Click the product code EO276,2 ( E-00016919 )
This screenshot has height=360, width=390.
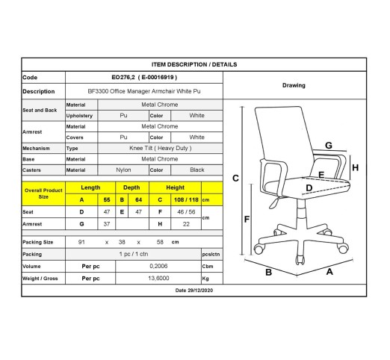point(144,78)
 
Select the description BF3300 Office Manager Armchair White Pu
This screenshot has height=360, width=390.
point(144,91)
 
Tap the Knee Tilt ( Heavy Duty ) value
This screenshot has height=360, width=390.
point(161,148)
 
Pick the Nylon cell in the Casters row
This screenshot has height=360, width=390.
point(123,170)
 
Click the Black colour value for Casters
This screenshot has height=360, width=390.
point(197,170)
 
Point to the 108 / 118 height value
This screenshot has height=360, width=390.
point(186,199)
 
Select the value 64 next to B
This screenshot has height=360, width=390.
point(138,199)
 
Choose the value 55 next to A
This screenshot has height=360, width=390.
point(107,199)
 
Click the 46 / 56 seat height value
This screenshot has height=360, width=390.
point(186,212)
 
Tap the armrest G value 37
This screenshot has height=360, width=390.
point(107,224)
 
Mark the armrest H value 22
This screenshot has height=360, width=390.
point(186,224)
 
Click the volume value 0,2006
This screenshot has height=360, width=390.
point(158,266)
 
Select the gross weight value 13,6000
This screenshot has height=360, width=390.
point(158,278)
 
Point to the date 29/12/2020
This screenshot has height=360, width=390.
point(194,291)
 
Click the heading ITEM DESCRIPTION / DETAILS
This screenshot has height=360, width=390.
point(194,64)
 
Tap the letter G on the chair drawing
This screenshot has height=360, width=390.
point(329,146)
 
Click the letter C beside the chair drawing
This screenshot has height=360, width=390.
point(235,179)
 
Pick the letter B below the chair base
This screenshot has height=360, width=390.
point(268,272)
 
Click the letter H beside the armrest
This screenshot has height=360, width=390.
point(356,168)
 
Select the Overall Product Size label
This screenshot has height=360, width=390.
point(43,193)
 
